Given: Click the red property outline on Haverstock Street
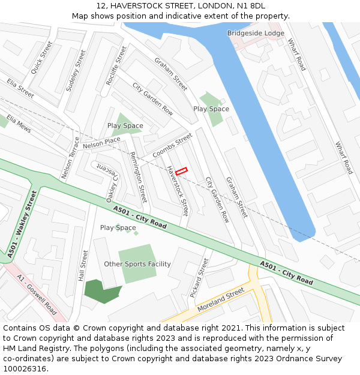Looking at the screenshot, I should (x=181, y=172).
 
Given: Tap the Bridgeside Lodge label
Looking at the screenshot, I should (x=256, y=33).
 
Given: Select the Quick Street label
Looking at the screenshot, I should (x=41, y=58).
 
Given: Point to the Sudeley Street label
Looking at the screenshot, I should (x=76, y=70).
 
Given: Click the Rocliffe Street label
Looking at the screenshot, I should (x=116, y=65).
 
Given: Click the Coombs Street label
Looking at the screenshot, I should (x=172, y=146).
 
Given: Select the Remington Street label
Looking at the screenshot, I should (x=139, y=177).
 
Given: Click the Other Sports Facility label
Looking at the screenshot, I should (x=137, y=264).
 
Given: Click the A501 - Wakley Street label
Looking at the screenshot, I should (x=23, y=224).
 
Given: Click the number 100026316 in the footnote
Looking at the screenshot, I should (x=28, y=369).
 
